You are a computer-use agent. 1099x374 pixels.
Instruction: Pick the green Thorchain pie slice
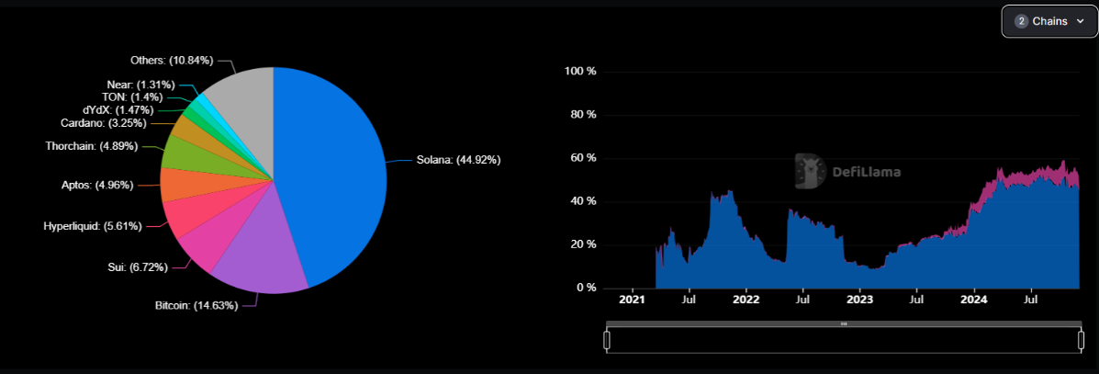182,153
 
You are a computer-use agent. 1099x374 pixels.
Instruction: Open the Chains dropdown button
1049,21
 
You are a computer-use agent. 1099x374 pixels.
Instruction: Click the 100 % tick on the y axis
580,72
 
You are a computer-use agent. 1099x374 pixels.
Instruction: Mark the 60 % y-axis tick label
583,158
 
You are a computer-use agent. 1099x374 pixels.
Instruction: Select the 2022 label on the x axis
746,299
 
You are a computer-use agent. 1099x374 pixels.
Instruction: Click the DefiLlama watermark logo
847,171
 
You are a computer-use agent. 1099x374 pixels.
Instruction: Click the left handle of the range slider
607,340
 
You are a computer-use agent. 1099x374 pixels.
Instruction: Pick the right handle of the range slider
1081,340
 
